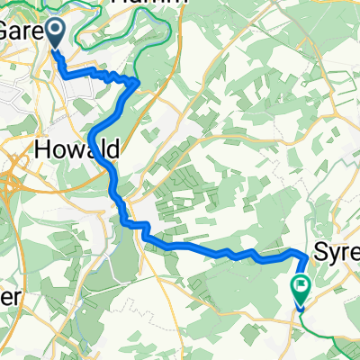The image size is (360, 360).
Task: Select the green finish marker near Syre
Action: pyautogui.click(x=300, y=289)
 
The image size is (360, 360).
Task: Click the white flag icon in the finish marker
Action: pyautogui.click(x=300, y=287)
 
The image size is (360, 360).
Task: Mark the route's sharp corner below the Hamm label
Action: pyautogui.click(x=138, y=83)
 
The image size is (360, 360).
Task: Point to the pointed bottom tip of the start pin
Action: pyautogui.click(x=56, y=49)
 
